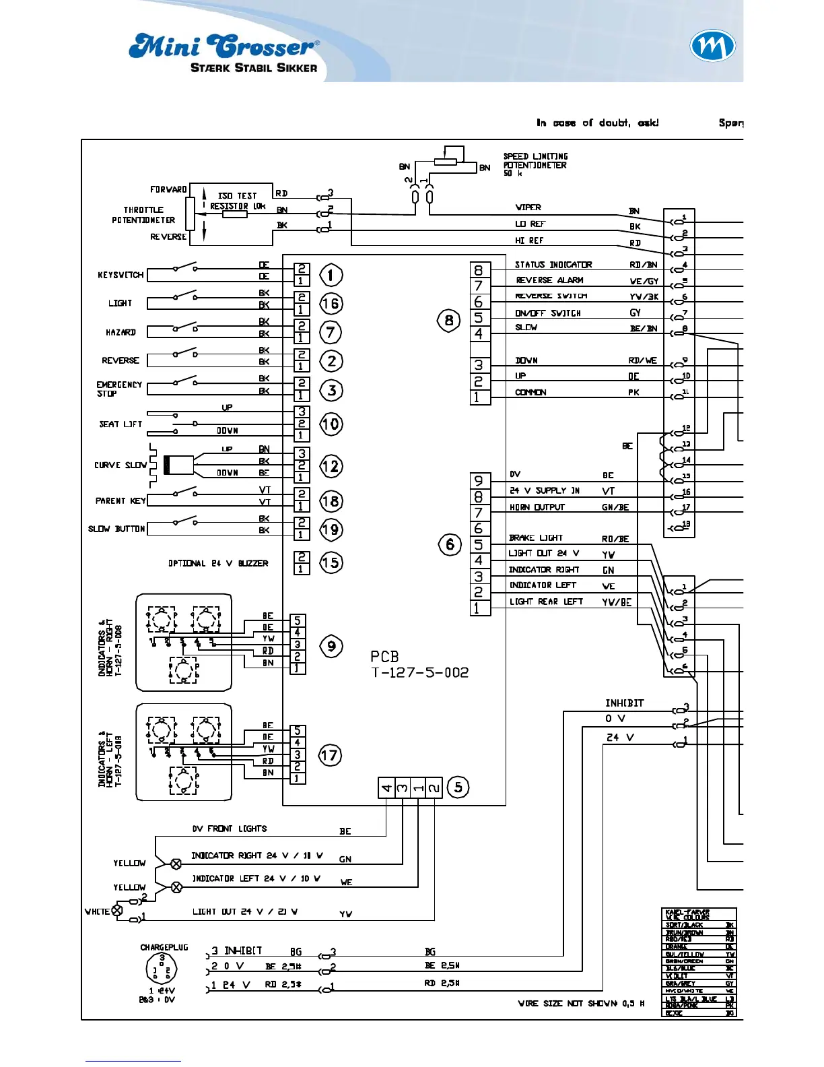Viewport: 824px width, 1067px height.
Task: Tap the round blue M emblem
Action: pos(712,46)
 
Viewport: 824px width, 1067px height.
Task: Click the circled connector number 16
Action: pos(331,304)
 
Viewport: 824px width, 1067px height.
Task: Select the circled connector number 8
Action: pos(449,320)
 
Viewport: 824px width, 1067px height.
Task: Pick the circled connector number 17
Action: pos(329,755)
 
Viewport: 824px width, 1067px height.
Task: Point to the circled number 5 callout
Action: pos(458,787)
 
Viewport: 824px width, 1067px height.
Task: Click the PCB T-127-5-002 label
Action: pos(419,664)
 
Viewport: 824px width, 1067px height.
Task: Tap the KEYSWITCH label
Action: pos(121,275)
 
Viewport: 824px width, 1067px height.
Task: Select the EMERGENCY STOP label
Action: pos(119,389)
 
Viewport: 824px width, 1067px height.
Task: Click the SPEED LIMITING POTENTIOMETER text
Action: pos(535,164)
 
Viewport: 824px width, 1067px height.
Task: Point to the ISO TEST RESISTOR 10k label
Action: pos(238,201)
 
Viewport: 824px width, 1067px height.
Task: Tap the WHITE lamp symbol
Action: pos(117,911)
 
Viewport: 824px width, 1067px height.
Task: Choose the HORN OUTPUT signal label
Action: pos(537,507)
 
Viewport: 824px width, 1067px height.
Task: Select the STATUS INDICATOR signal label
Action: pos(553,265)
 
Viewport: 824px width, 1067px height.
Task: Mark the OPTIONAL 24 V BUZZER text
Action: pos(218,563)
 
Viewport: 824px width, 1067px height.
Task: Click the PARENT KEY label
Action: pos(121,500)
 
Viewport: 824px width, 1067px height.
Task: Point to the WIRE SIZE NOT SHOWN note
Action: pos(581,1004)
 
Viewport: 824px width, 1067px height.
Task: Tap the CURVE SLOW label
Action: pos(121,465)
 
